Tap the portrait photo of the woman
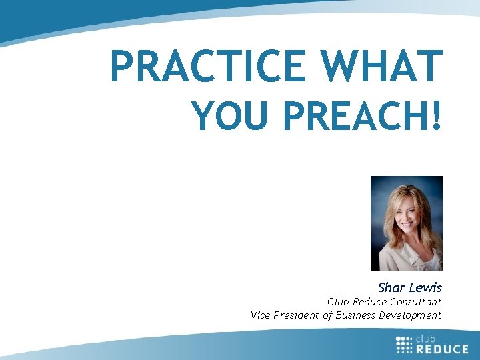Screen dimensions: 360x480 point(406,223)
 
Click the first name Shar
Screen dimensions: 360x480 point(391,288)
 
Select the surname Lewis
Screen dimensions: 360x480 point(425,288)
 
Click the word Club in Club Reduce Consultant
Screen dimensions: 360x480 point(338,302)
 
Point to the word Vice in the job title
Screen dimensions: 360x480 point(261,315)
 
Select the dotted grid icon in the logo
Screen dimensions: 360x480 point(404,345)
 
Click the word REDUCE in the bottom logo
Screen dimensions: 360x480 point(443,349)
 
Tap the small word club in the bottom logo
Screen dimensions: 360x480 point(427,339)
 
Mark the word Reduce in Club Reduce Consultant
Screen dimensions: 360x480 point(370,302)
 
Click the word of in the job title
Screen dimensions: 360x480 point(327,315)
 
